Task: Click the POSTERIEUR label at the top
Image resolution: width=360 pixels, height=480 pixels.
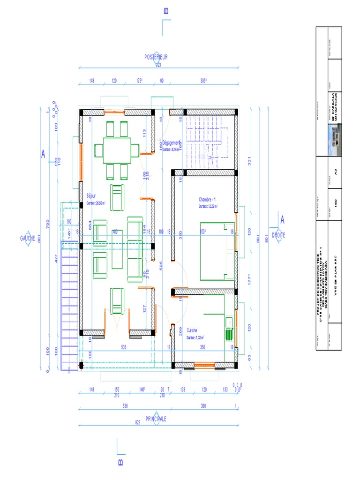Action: [x=156, y=57]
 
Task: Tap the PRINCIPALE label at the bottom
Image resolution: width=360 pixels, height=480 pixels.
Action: [x=156, y=418]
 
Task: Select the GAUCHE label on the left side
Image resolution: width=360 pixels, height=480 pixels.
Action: [x=28, y=238]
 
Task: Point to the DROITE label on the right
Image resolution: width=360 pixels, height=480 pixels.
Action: [x=278, y=235]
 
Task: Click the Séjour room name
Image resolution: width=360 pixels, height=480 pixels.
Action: [x=91, y=196]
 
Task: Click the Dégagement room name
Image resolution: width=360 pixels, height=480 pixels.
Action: [x=172, y=143]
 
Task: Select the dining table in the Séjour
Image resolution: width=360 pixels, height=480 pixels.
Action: [x=117, y=150]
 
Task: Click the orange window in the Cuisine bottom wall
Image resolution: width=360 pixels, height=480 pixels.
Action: [x=204, y=365]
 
